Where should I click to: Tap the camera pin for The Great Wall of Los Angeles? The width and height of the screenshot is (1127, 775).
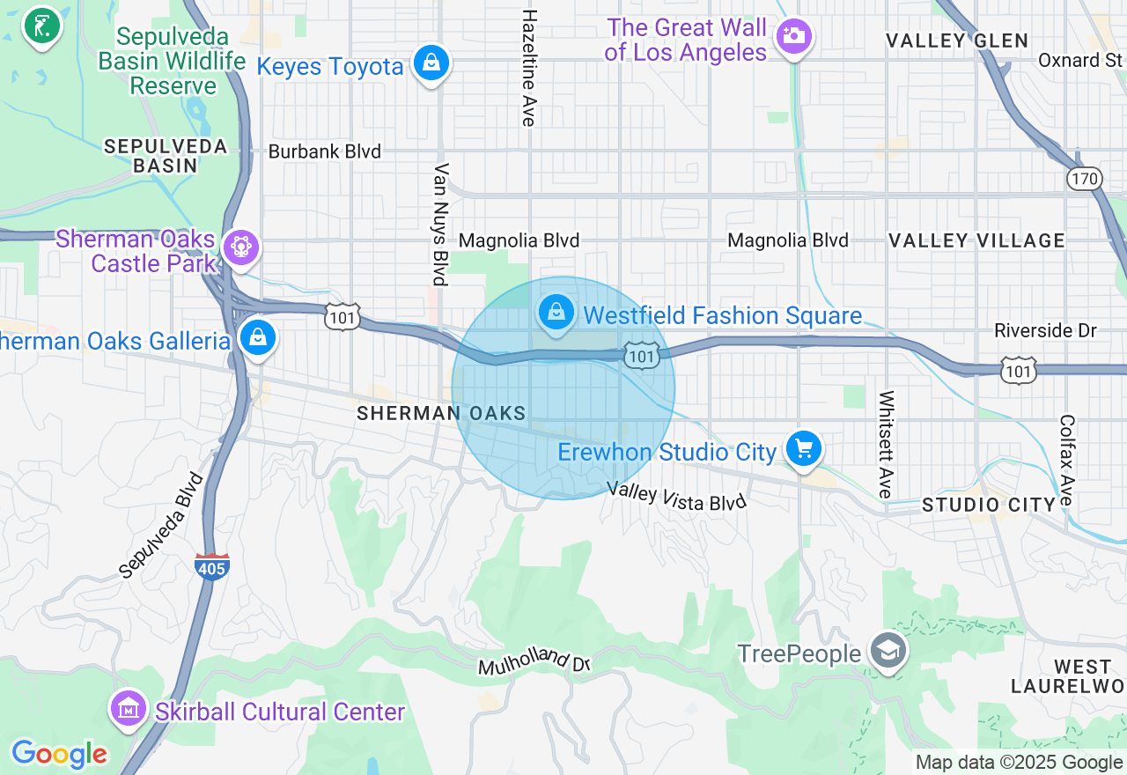tap(794, 36)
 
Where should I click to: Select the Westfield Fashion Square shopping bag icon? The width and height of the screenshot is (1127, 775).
tap(556, 313)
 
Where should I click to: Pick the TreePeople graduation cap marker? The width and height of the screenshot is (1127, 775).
tap(888, 653)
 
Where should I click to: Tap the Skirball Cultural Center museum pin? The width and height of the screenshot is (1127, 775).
tap(129, 708)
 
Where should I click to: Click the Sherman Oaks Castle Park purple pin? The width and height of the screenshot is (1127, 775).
tap(239, 247)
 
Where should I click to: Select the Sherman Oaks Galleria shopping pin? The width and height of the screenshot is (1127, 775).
tap(258, 337)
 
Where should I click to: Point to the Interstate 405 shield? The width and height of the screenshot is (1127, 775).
tap(212, 566)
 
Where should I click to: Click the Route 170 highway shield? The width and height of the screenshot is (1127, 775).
tap(1084, 179)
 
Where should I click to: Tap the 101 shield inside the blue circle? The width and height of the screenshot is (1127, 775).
tap(642, 355)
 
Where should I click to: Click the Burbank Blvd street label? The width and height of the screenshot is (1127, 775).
tap(324, 151)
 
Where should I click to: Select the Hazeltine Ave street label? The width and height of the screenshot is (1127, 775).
tap(529, 68)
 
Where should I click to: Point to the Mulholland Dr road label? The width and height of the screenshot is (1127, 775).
tap(534, 661)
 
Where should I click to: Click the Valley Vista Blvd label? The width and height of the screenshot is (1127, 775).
tap(677, 496)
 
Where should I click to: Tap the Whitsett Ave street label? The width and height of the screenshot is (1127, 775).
tap(887, 444)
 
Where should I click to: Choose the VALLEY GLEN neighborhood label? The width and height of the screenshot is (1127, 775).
tap(956, 41)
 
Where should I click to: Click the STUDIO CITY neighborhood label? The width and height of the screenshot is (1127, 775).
tap(988, 505)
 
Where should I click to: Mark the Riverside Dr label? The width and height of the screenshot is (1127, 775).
tap(1045, 330)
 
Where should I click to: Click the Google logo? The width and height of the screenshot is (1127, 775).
tap(59, 754)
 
